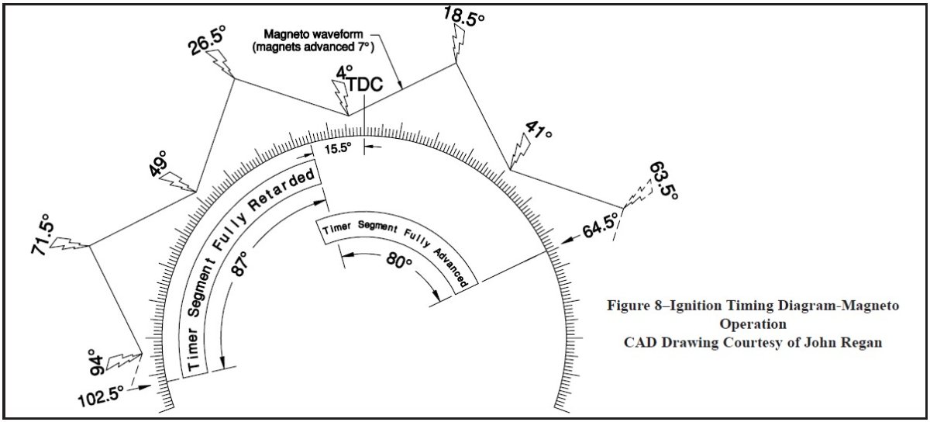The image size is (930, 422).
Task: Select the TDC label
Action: (364, 85)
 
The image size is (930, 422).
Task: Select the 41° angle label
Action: (538, 133)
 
